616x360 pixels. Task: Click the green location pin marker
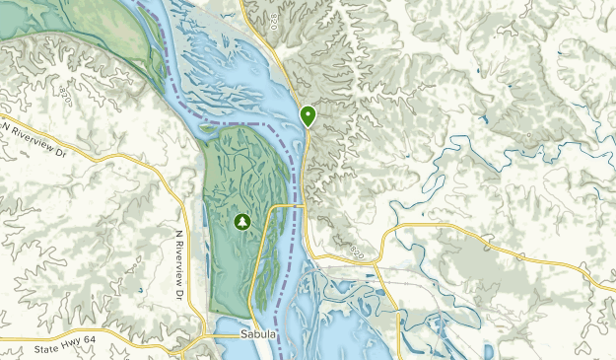(x=308, y=116)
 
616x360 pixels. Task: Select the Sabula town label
(x=258, y=335)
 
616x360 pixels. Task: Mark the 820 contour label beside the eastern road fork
(x=357, y=252)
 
